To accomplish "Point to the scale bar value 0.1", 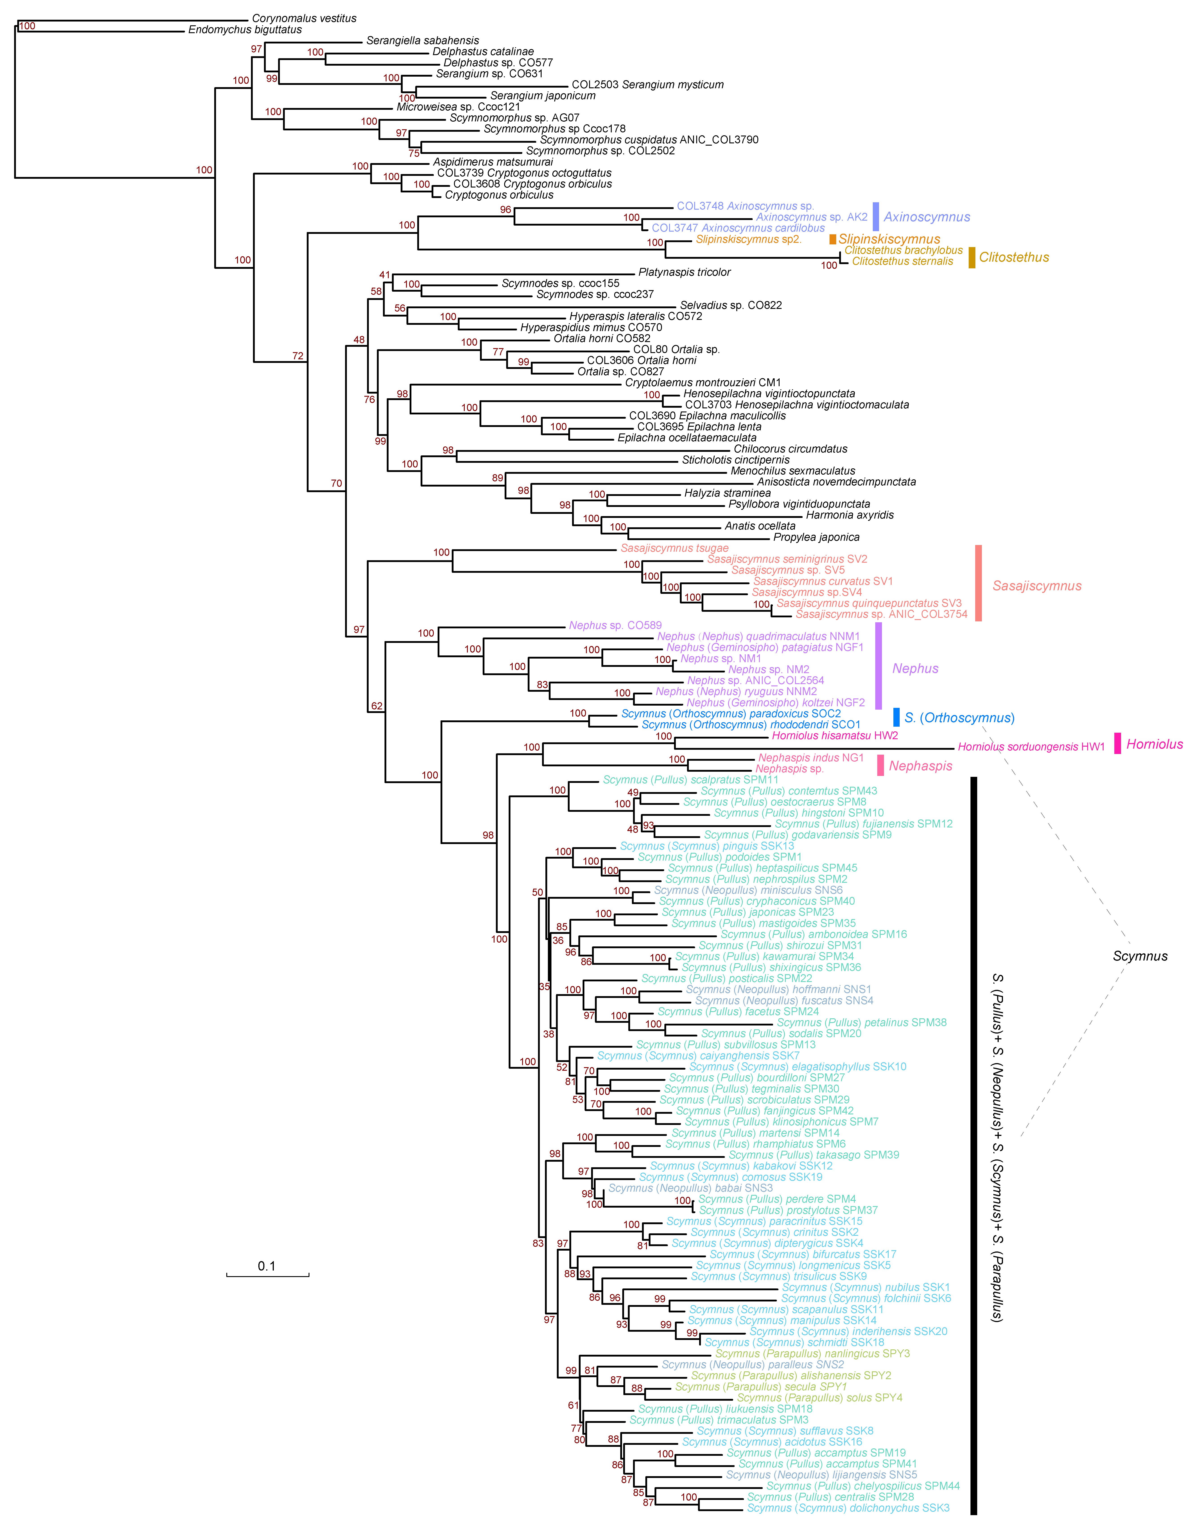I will click(x=267, y=1266).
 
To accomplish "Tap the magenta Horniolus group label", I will click(x=1154, y=744).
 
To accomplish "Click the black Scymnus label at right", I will click(x=1140, y=956).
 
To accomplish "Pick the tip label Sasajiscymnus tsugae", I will click(x=674, y=548).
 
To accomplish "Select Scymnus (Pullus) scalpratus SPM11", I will click(x=691, y=780).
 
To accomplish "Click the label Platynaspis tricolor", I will click(x=684, y=272).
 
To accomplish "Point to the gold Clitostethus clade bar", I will click(x=972, y=257).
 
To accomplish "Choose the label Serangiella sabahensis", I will click(x=423, y=41).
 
